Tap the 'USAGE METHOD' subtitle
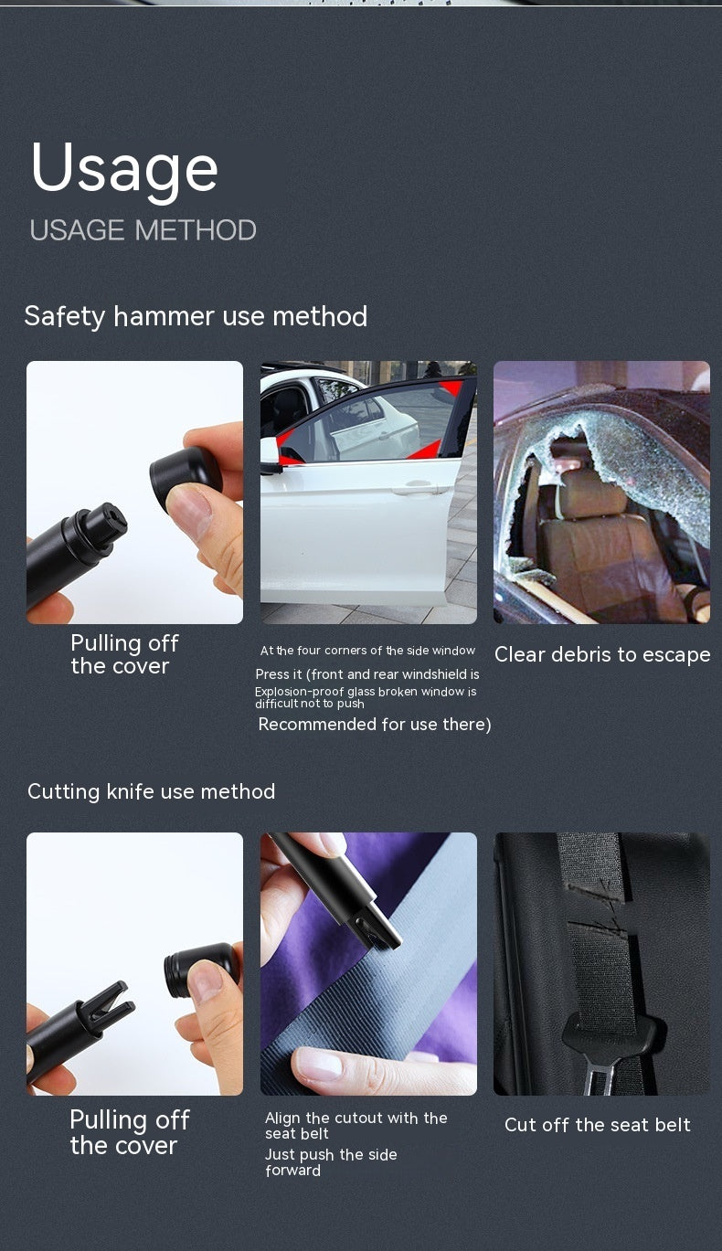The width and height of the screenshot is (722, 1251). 143,230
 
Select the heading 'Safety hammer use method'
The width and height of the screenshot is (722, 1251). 196,317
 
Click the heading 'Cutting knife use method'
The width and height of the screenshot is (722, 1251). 152,791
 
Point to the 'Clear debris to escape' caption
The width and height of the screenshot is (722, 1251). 602,654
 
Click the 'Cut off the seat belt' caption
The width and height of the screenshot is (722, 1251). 598,1124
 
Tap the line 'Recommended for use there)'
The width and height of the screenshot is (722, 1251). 375,725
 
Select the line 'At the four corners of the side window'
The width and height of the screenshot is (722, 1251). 367,651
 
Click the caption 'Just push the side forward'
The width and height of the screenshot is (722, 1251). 331,1161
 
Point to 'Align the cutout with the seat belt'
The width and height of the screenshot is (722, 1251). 356,1125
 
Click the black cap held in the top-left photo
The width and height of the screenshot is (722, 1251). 185,474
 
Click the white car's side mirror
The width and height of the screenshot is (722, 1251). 269,452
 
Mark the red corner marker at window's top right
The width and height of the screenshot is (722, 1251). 453,387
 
